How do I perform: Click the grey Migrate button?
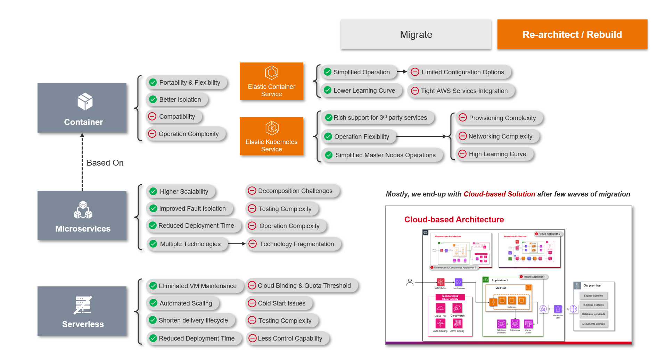tap(416, 34)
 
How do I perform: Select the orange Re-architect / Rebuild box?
tap(572, 34)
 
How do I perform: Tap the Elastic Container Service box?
tap(271, 81)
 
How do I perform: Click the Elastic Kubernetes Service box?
tap(271, 136)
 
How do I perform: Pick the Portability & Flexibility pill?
tap(187, 83)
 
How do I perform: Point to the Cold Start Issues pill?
tap(279, 303)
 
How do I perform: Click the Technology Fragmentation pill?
tap(294, 244)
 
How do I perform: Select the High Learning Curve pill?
tap(495, 154)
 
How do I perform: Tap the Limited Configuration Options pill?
tap(460, 72)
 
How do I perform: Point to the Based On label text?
tap(105, 163)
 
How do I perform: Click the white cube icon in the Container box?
tap(85, 101)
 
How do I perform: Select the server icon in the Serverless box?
tap(83, 305)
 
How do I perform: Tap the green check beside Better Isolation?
tap(153, 99)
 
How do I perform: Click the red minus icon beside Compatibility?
tap(152, 116)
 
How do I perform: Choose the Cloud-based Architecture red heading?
tap(454, 219)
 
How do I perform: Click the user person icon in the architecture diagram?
tap(410, 282)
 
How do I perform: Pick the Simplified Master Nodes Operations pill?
tap(382, 155)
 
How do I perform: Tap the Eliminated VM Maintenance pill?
tap(195, 286)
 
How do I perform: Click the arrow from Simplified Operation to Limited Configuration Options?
tap(402, 72)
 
